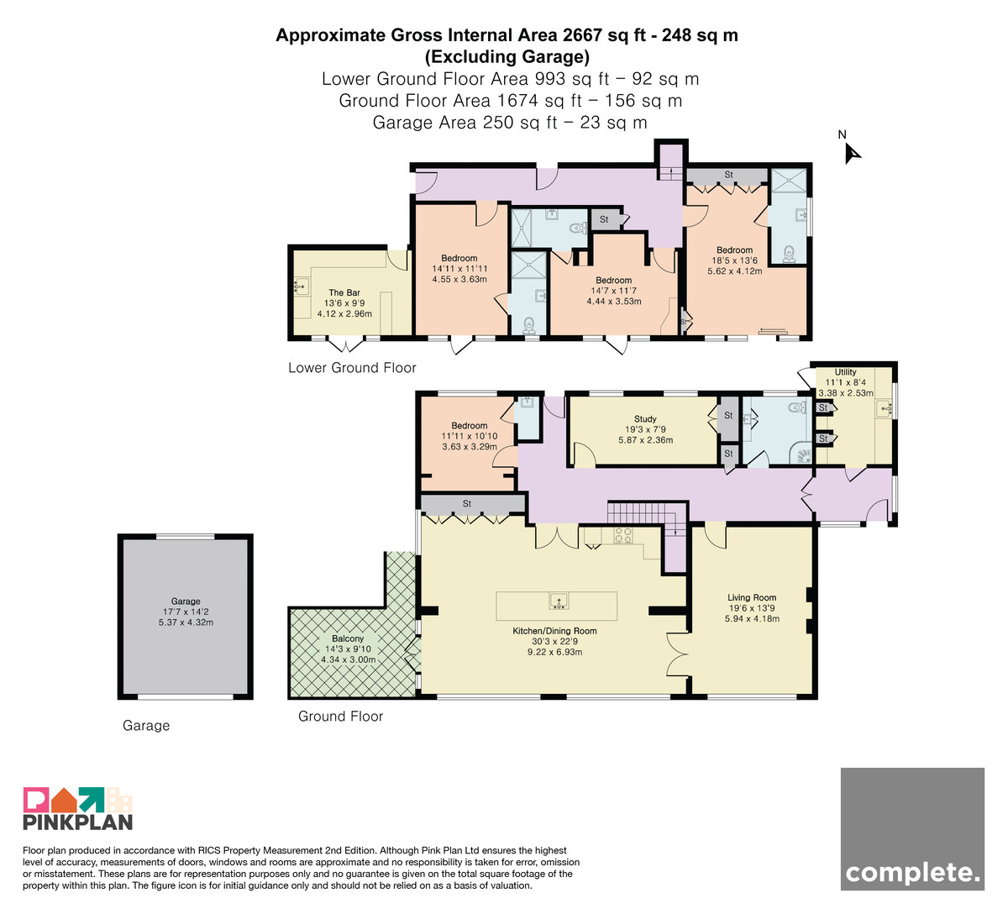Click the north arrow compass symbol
(852, 153)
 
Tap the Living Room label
(752, 597)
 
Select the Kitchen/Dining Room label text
(554, 631)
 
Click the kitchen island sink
(559, 601)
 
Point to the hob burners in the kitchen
(623, 535)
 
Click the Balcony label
(347, 638)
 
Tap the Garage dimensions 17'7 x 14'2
(186, 612)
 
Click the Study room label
(645, 419)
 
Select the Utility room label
(845, 372)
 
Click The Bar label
(344, 292)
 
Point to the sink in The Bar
(301, 286)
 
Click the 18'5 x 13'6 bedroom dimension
(734, 260)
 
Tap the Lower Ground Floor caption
(352, 367)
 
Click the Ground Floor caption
(340, 716)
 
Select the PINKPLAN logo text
(78, 822)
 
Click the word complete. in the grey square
(912, 872)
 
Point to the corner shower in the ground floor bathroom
(801, 454)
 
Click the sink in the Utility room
(885, 409)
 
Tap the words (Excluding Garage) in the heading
(507, 57)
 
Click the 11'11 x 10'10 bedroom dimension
(469, 436)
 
